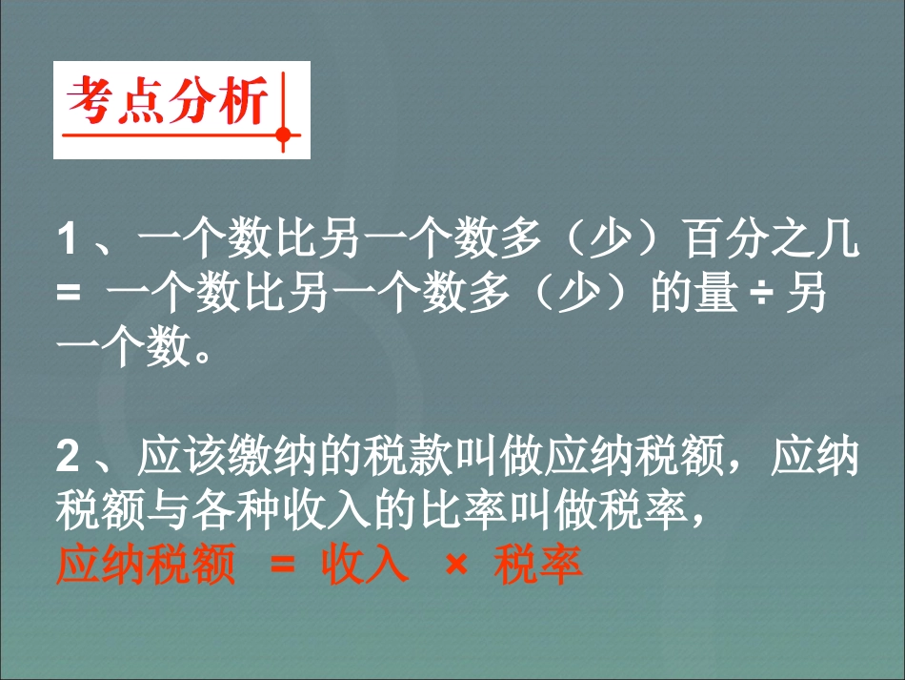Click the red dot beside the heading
coord(283,135)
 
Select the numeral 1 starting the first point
coord(68,238)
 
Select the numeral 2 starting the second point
coord(68,456)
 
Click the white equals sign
coord(69,293)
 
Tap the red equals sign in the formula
coord(283,564)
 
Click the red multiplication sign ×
coord(456,564)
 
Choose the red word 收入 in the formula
coord(365,564)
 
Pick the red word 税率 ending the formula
coord(538,564)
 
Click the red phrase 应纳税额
coord(146,564)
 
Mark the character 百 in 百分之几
coord(705,238)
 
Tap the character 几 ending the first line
coord(838,238)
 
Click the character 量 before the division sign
coord(716,293)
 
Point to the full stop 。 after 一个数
coord(203,355)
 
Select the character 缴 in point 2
coord(250,456)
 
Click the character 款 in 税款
coord(430,456)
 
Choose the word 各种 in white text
coord(236,510)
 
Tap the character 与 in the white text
coord(169,510)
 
